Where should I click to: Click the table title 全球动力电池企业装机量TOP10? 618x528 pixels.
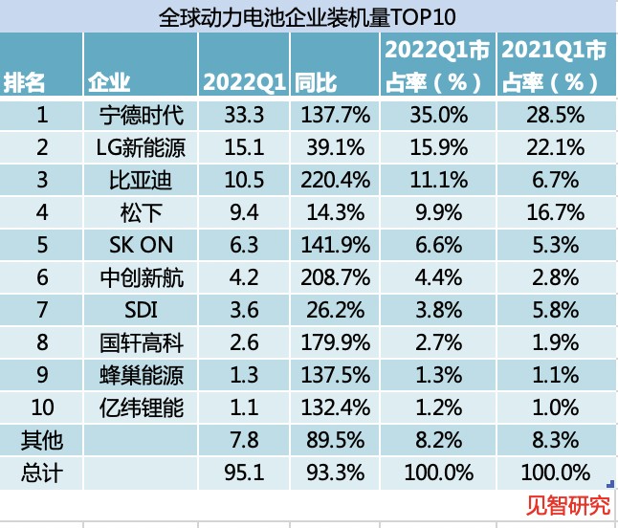point(308,16)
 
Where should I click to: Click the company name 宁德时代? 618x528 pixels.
point(142,117)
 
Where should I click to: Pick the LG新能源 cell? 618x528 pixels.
point(142,148)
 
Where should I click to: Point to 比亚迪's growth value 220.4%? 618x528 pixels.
point(335,180)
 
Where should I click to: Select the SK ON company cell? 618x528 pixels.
point(142,244)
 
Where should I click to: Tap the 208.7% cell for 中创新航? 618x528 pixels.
point(335,276)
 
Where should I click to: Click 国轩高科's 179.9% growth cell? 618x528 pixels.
point(335,342)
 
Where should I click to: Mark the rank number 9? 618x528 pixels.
point(41,375)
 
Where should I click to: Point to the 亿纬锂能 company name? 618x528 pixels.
point(142,408)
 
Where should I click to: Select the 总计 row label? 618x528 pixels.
point(41,473)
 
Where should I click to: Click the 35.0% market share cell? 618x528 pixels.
point(439,117)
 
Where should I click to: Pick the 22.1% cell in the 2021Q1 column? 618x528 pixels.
point(556,148)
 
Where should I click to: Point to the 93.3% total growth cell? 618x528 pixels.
point(335,473)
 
